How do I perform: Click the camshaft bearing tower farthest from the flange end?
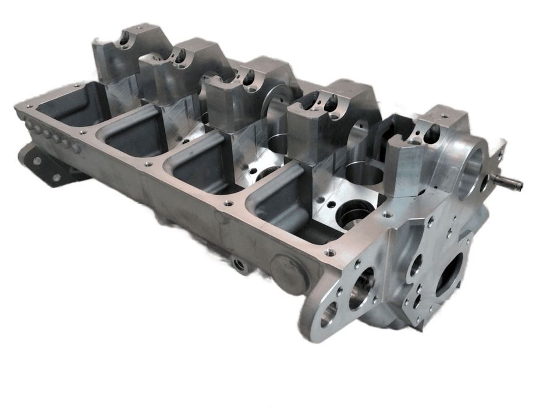pos(121,52)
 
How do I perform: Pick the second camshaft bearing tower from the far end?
pos(175,64)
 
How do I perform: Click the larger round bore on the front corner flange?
pos(361,292)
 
